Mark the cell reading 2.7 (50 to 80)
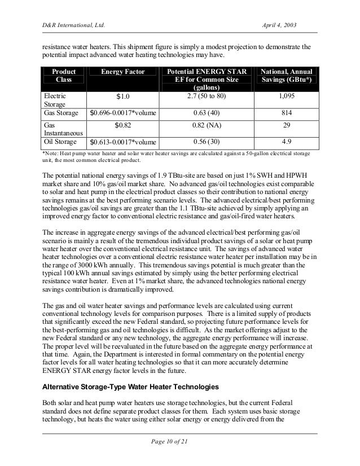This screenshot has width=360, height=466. pyautogui.click(x=206, y=96)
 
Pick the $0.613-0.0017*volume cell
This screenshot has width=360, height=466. pyautogui.click(x=122, y=143)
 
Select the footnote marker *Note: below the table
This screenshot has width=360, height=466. pyautogui.click(x=51, y=153)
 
